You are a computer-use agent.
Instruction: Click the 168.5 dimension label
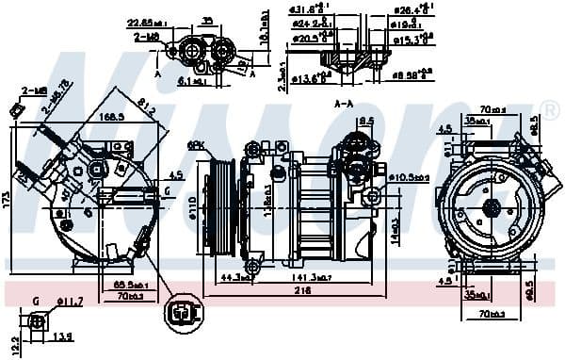pyautogui.click(x=110, y=117)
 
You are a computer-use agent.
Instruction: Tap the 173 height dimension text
pyautogui.click(x=6, y=200)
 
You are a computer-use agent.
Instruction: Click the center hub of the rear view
pyautogui.click(x=490, y=208)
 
